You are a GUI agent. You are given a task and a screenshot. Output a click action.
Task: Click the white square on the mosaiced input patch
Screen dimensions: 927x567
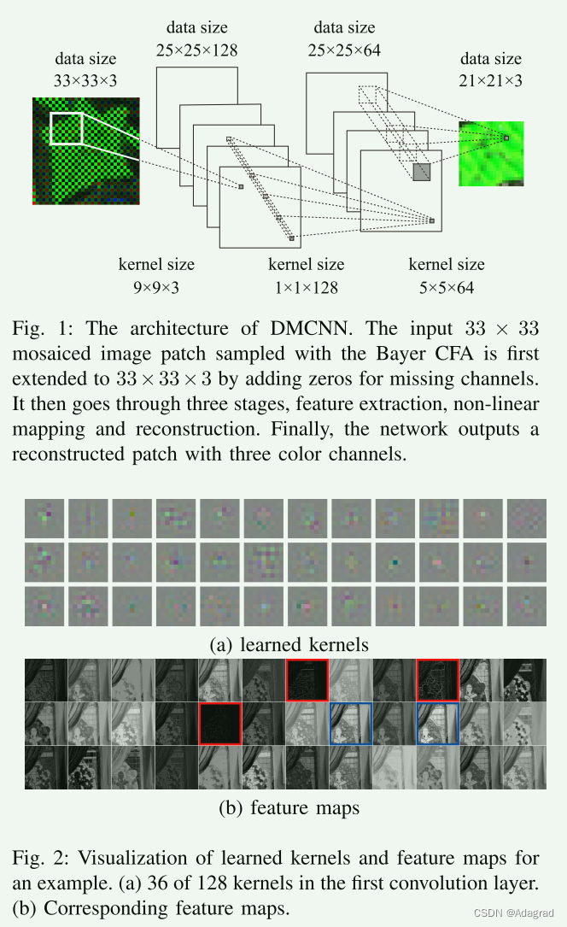pyautogui.click(x=67, y=129)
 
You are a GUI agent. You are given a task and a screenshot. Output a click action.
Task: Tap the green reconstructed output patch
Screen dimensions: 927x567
pyautogui.click(x=491, y=154)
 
